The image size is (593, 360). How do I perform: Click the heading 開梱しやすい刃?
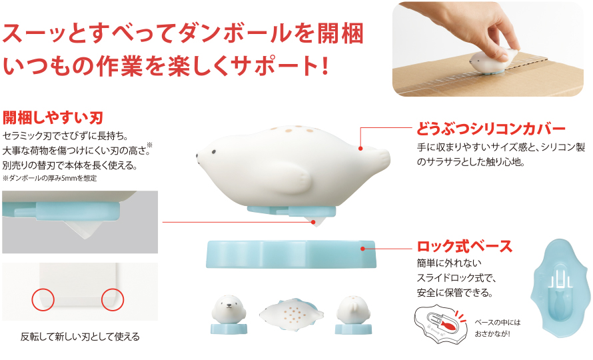pos(53,118)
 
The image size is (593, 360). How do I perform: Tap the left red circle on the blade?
pos(43,300)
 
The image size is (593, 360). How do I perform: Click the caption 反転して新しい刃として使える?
pos(80,337)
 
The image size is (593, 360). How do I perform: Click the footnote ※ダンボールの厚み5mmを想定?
pos(50,179)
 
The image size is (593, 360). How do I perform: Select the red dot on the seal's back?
pos(360,146)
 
